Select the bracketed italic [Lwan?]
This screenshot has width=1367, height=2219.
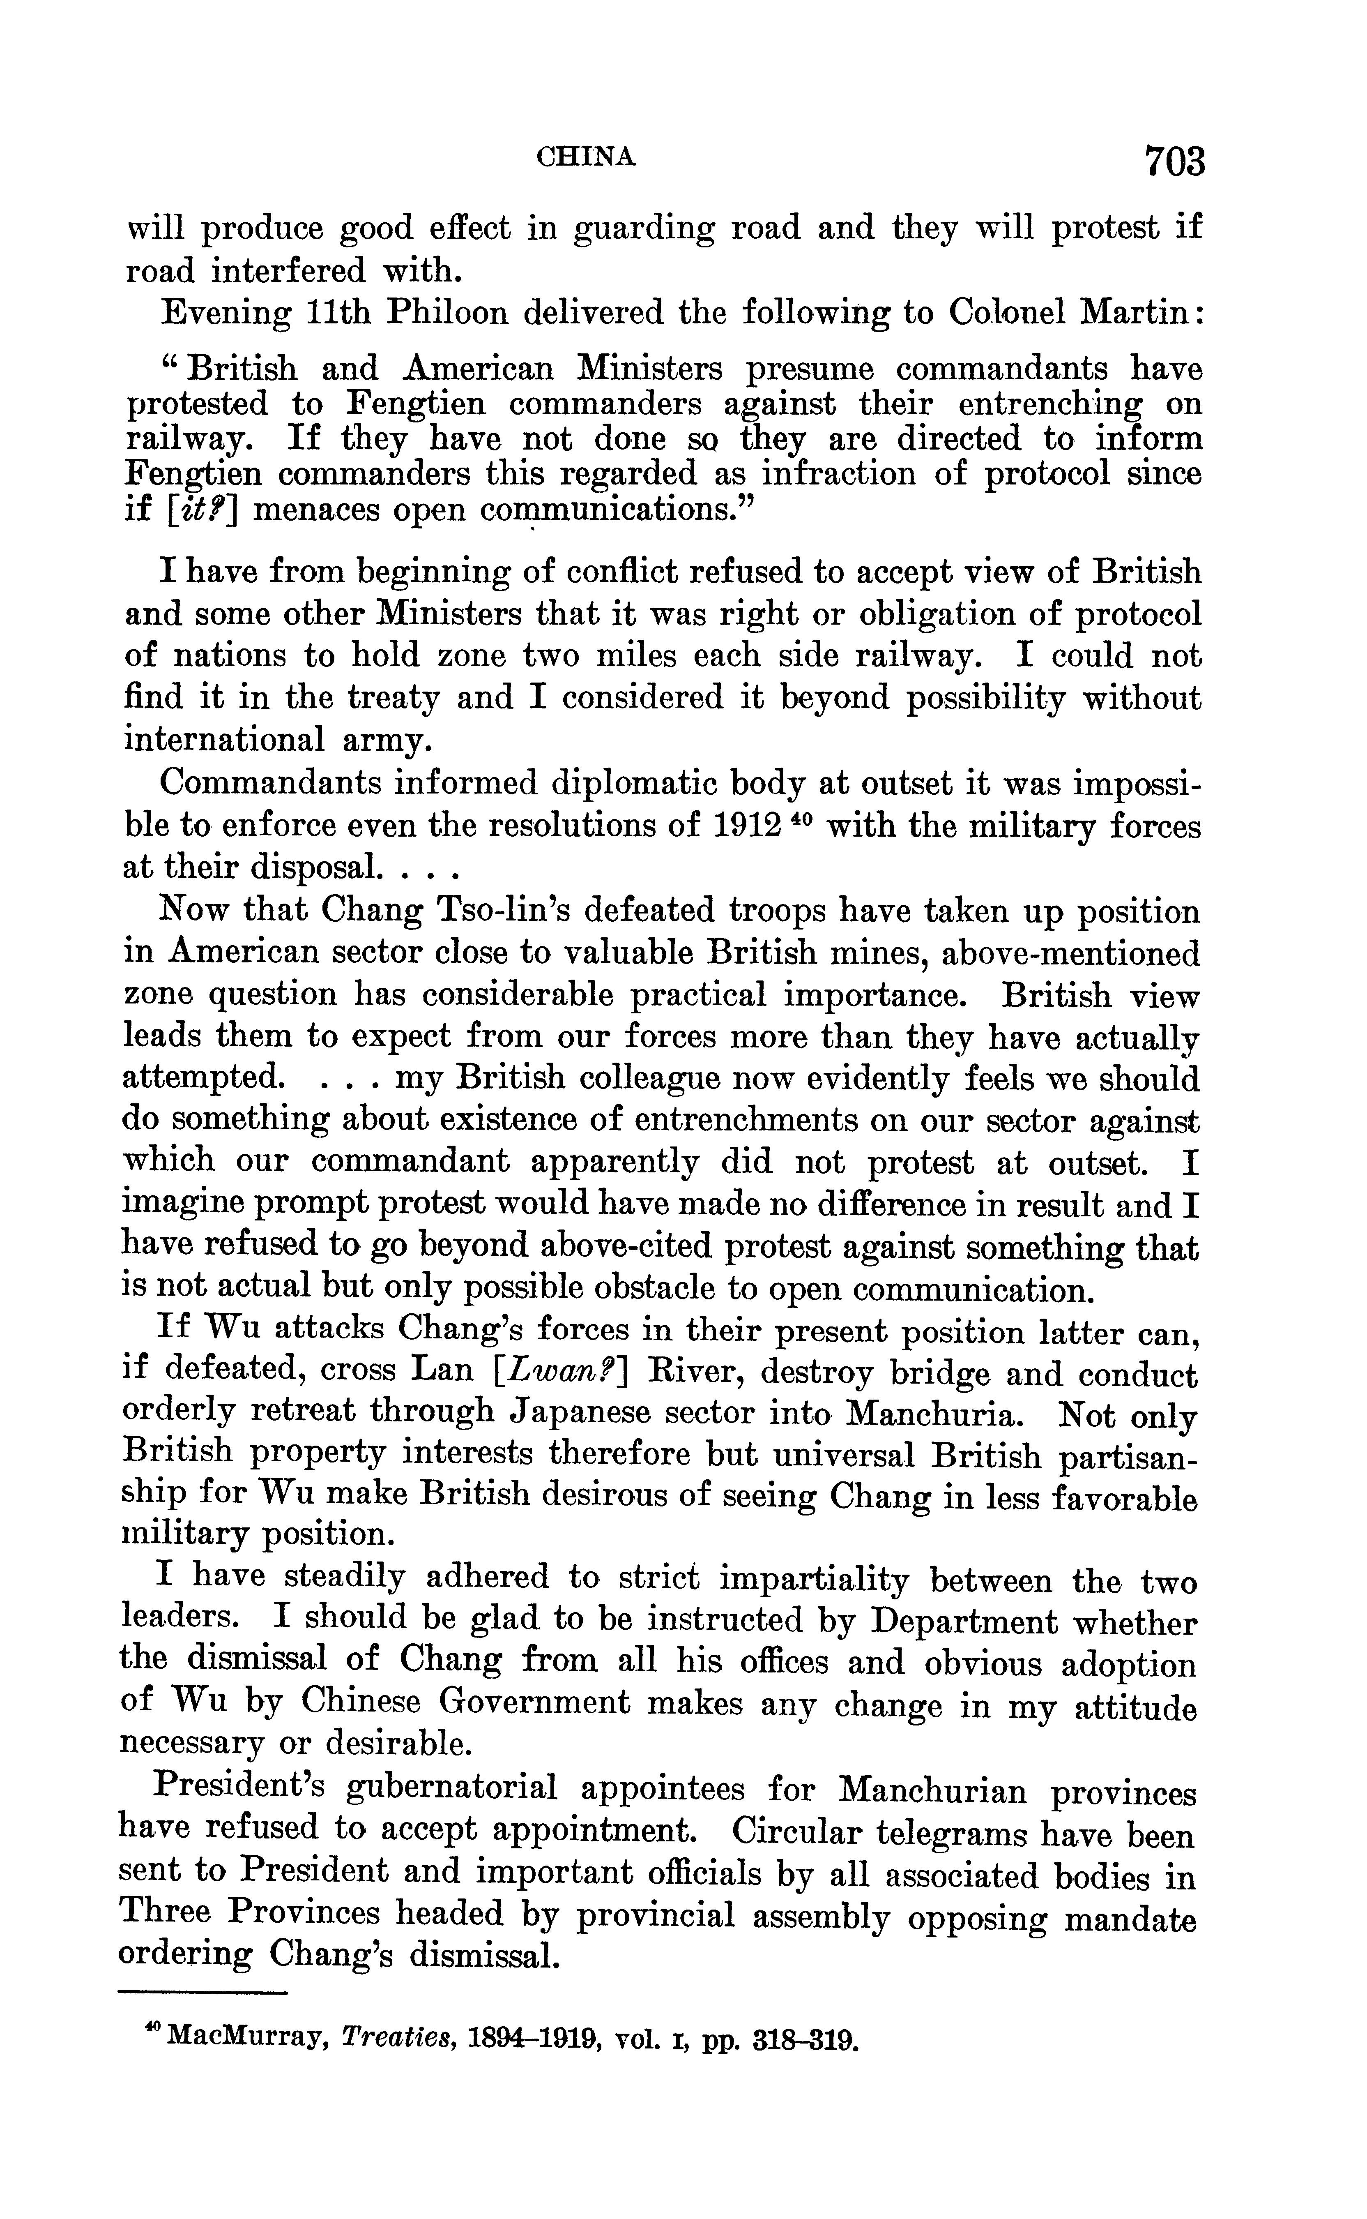pyautogui.click(x=562, y=1370)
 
